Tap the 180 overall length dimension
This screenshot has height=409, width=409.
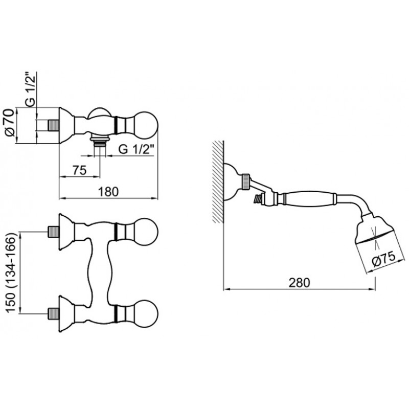[x=108, y=192]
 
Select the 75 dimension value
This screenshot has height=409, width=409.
[x=79, y=171]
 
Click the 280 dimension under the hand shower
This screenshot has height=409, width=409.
[x=300, y=282]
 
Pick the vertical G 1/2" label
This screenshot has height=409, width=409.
[x=31, y=89]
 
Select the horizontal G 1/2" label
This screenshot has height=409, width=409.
[x=137, y=149]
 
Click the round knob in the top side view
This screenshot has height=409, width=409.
[x=147, y=125]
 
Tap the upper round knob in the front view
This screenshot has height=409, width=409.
[x=147, y=232]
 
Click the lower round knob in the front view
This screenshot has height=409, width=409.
[x=147, y=313]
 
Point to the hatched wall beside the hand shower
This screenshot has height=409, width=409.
[x=218, y=182]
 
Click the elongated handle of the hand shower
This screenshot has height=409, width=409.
[x=309, y=198]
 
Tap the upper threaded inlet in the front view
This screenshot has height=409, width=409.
[x=53, y=232]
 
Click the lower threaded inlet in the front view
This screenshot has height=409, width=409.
[x=53, y=313]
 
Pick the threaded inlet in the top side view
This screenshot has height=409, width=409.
[x=54, y=125]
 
